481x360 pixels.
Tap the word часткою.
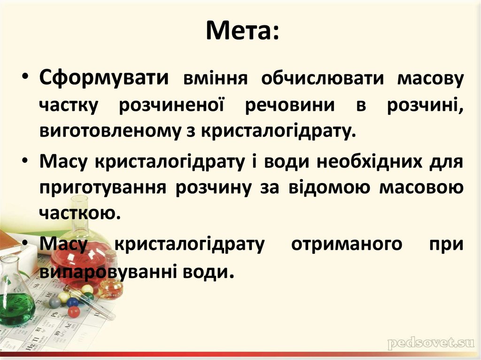pyautogui.click(x=77, y=214)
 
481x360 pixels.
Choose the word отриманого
pyautogui.click(x=346, y=245)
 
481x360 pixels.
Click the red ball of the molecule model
pyautogui.click(x=74, y=312)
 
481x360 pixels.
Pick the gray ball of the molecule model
pyautogui.click(x=55, y=302)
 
